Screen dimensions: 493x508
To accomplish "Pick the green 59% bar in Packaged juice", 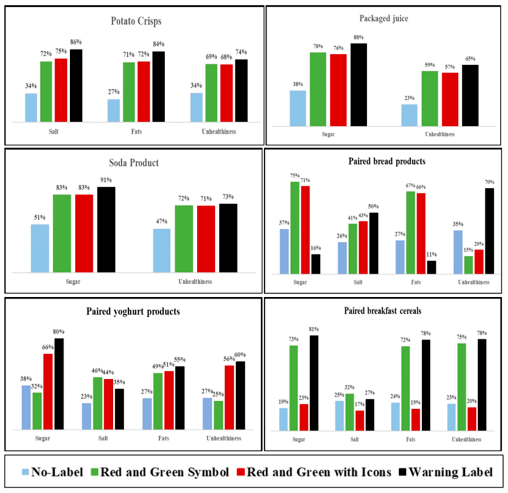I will (x=429, y=99).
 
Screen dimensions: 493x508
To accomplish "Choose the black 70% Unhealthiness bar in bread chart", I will (x=489, y=231).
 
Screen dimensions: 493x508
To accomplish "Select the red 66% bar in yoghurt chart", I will (x=48, y=392).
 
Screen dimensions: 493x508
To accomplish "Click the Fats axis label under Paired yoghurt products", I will (x=164, y=438).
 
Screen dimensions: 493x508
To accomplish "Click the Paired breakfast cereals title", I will (x=383, y=311).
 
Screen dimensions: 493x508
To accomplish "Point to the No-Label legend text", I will (x=57, y=472).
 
